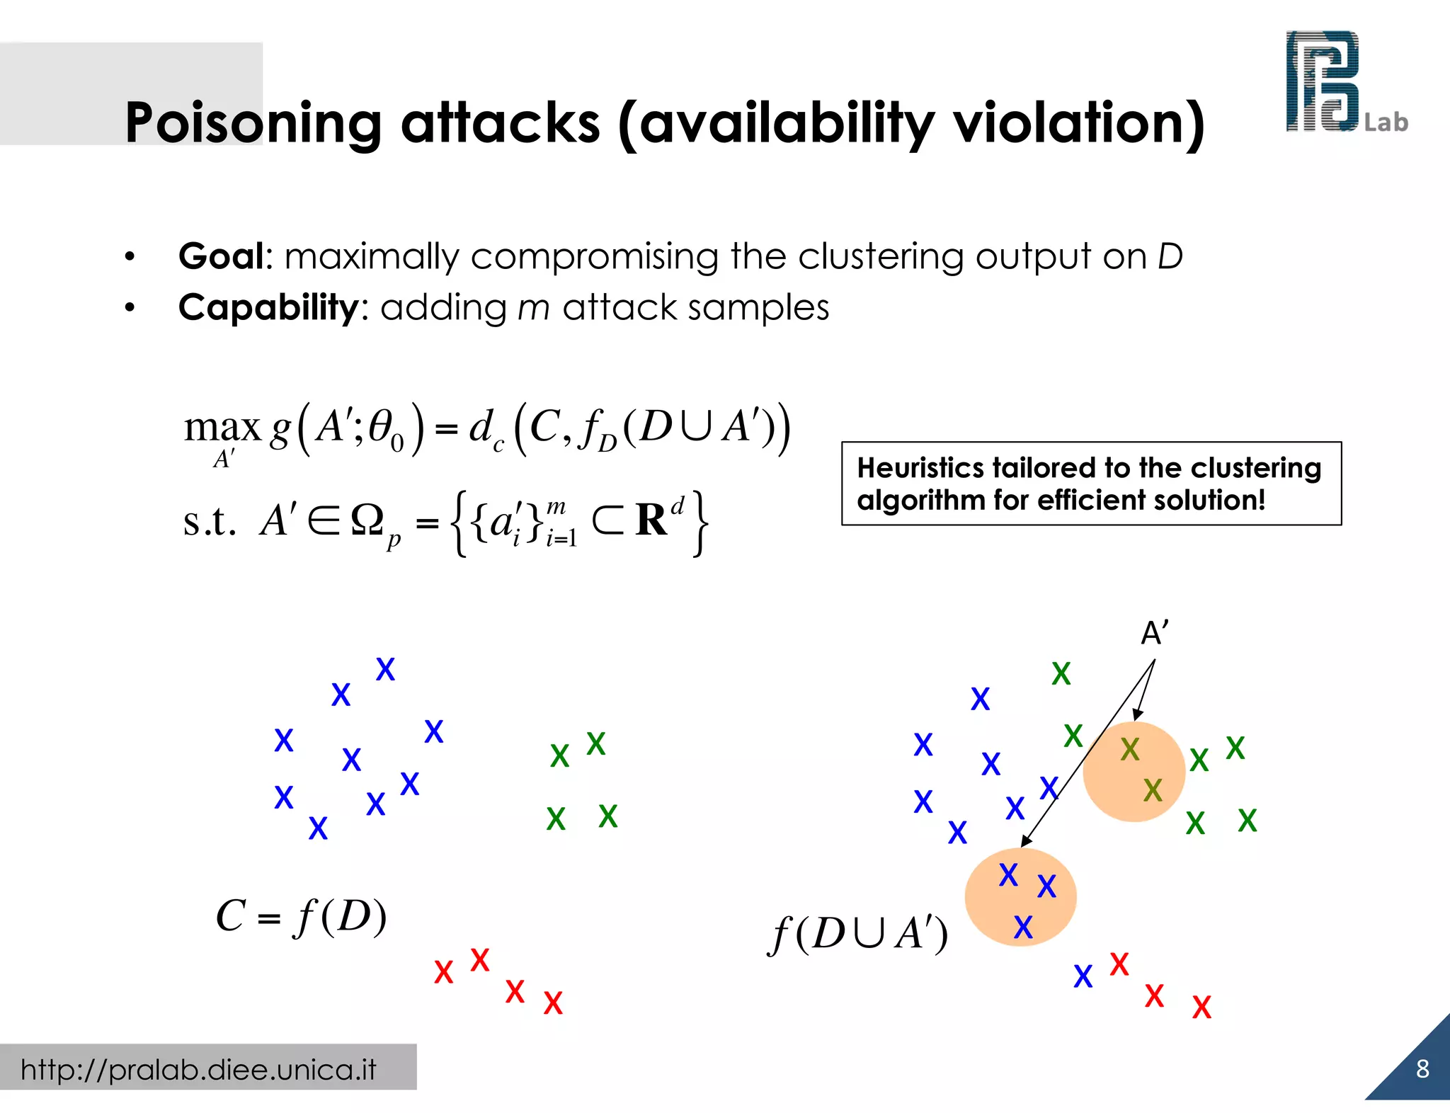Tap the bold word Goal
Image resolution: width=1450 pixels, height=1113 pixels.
(x=222, y=256)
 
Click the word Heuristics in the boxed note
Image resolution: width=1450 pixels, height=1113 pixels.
(x=918, y=468)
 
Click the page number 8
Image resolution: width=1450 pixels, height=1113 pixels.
(x=1422, y=1069)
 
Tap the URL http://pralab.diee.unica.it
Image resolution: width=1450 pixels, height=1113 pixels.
(x=198, y=1069)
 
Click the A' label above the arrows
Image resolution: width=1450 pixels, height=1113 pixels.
(x=1154, y=633)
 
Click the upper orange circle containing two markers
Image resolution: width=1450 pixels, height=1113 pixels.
(x=1134, y=772)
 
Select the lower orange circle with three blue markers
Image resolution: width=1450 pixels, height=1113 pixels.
(x=1020, y=897)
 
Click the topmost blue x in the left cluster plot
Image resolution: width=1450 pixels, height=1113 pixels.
(x=385, y=669)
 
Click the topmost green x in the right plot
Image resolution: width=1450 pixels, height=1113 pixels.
(x=1061, y=674)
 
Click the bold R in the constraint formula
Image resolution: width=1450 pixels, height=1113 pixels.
(x=651, y=520)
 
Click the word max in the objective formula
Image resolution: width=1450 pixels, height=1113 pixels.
(x=222, y=428)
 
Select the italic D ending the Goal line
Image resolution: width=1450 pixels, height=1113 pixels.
(x=1170, y=256)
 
